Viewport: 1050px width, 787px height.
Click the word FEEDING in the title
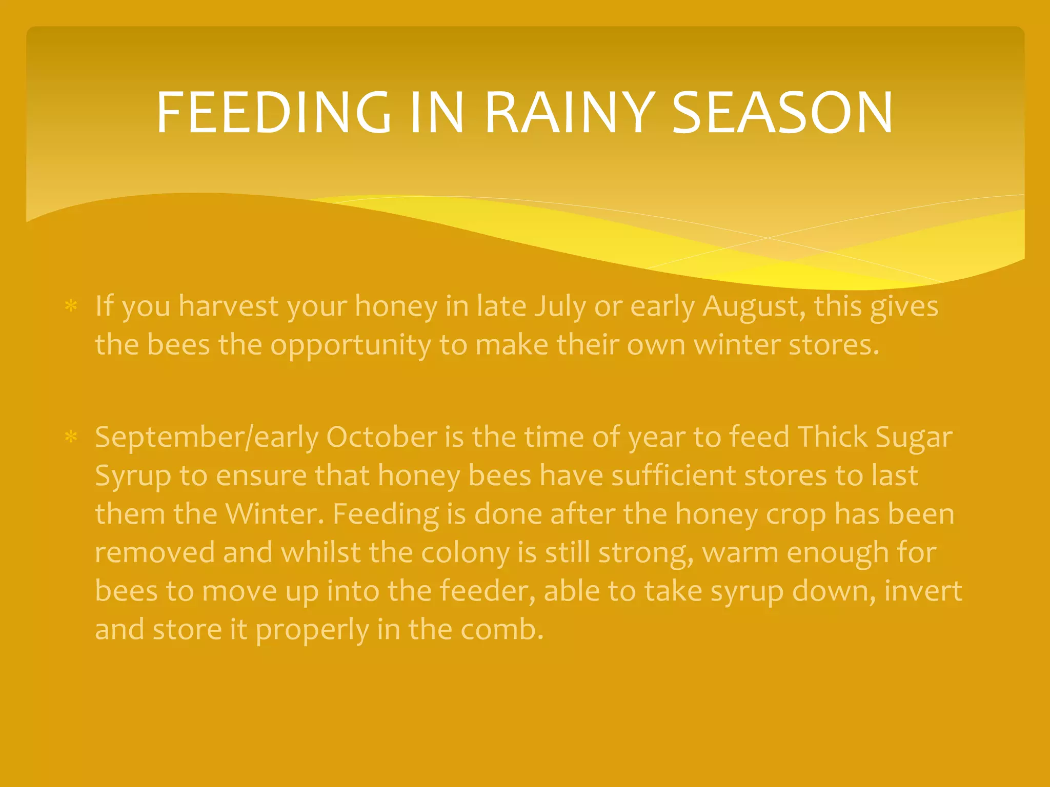click(x=273, y=112)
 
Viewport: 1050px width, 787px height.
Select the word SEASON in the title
click(x=782, y=112)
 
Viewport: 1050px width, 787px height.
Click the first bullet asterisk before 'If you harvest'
click(x=71, y=307)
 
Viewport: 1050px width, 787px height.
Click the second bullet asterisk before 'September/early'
click(x=71, y=437)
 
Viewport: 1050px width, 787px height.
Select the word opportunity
click(x=350, y=345)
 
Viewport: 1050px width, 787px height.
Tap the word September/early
click(x=207, y=437)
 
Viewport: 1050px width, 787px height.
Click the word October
click(x=381, y=437)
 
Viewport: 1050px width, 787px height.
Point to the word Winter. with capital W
click(x=275, y=513)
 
